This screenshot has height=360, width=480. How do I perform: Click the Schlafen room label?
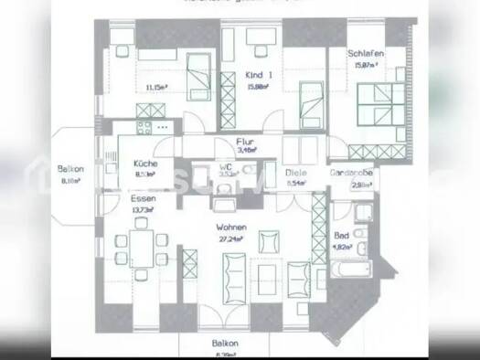[x=365, y=54]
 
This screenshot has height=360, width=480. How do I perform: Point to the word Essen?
[x=141, y=199]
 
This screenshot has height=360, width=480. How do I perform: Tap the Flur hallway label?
[x=244, y=142]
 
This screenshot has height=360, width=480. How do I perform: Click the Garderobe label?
[x=352, y=171]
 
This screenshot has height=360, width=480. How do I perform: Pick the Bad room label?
[x=341, y=234]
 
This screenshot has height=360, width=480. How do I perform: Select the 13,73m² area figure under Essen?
[x=143, y=209]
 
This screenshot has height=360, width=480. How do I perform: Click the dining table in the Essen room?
[x=142, y=244]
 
